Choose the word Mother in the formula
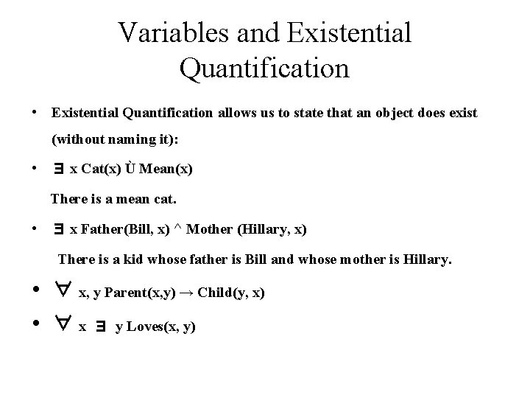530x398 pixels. pos(208,230)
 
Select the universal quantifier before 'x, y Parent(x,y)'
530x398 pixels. pos(62,291)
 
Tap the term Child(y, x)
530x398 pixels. pos(239,293)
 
